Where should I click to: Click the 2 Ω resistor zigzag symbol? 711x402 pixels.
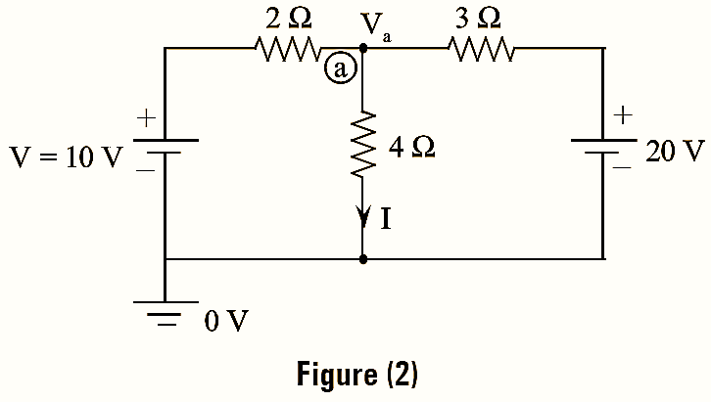[x=287, y=47]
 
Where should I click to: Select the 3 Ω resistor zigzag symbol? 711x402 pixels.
[x=479, y=47]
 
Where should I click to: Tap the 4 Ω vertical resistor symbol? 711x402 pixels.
[x=363, y=145]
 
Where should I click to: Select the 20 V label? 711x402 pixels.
[x=676, y=152]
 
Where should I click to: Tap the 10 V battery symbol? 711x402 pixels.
[x=165, y=146]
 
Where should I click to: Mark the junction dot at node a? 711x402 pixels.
[x=363, y=47]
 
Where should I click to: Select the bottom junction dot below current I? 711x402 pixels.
[x=363, y=260]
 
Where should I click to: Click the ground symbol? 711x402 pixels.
[x=165, y=313]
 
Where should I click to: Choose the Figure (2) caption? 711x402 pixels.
[x=355, y=375]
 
